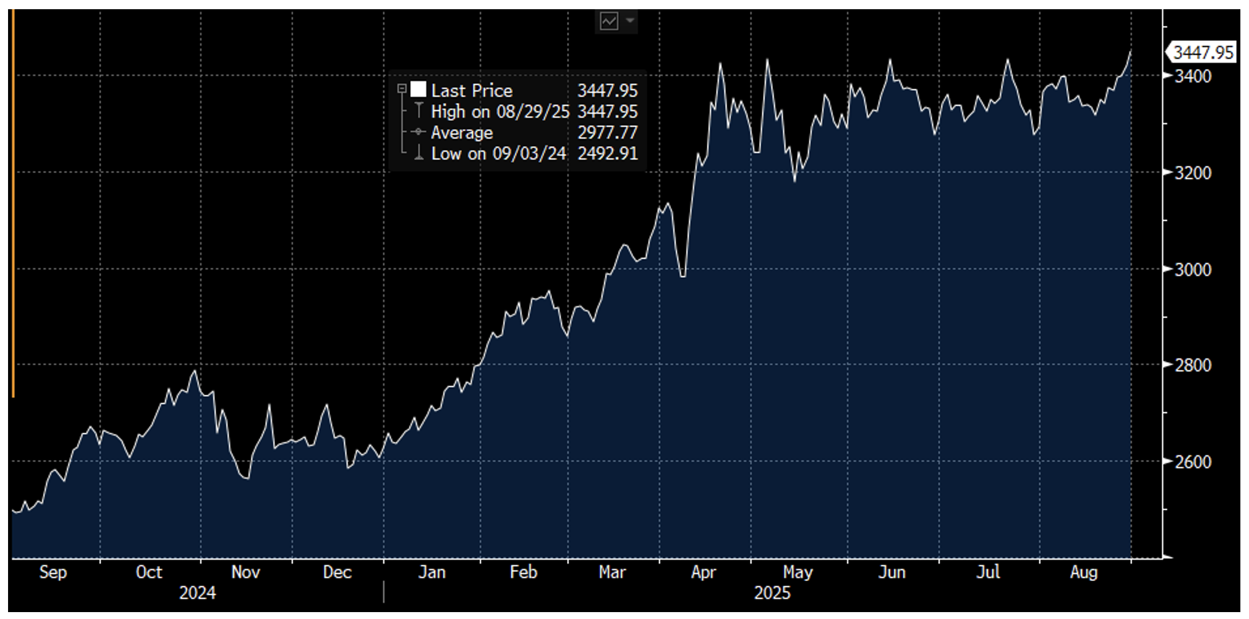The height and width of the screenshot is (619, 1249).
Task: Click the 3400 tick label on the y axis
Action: point(1193,76)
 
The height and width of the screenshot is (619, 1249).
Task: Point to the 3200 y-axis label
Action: point(1193,173)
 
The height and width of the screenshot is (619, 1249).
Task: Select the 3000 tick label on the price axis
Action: point(1193,269)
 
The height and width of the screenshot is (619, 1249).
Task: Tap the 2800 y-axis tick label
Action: point(1193,365)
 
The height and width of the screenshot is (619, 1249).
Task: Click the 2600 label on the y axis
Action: point(1193,462)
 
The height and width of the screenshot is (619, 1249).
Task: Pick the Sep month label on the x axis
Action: point(53,572)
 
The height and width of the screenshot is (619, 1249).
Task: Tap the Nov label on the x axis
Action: point(246,572)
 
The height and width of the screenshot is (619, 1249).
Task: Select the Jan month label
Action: point(431,572)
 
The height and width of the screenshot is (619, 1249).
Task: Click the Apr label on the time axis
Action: point(703,572)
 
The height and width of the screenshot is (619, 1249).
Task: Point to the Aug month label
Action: point(1083,572)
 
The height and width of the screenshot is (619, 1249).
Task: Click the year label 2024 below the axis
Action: point(197,593)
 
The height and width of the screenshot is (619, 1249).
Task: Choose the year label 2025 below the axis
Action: point(772,593)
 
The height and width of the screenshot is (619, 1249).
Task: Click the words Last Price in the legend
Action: point(472,91)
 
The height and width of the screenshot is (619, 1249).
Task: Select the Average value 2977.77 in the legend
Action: point(607,133)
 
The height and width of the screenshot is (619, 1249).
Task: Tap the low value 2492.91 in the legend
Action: point(607,154)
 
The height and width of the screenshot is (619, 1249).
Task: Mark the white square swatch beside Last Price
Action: point(419,90)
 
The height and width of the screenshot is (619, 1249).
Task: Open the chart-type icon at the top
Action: point(609,22)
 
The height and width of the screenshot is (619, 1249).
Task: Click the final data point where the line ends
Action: point(1131,52)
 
